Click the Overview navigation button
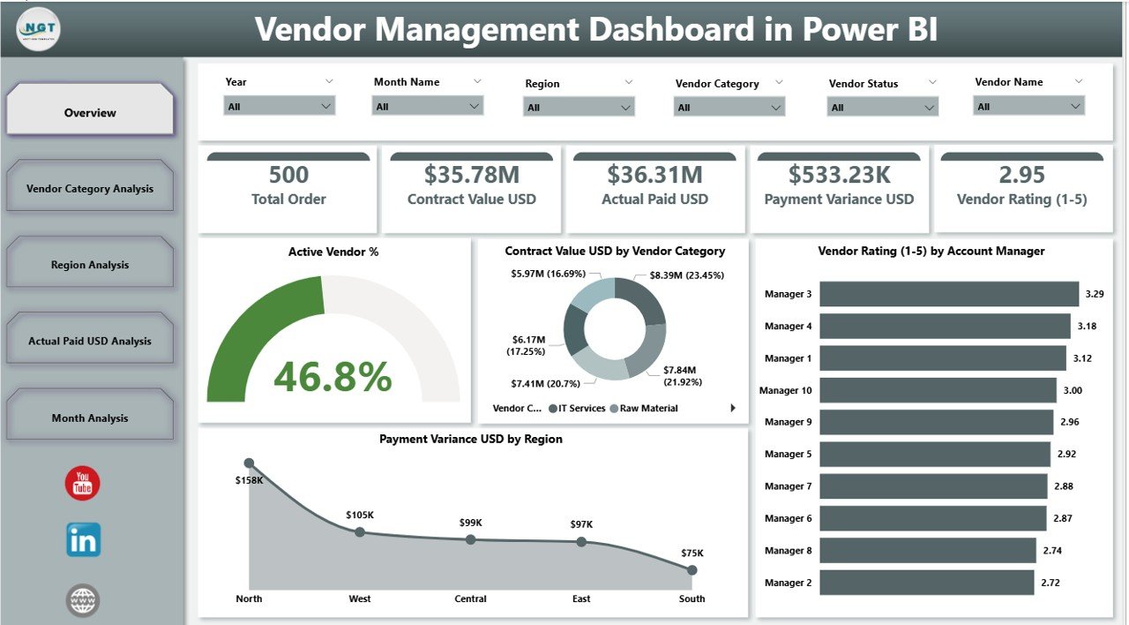point(90,112)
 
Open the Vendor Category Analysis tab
point(90,188)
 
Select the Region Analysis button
point(90,265)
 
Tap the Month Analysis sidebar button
point(90,418)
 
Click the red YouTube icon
point(83,483)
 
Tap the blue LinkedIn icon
point(83,539)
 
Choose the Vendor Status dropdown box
point(882,107)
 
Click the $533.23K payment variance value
point(839,175)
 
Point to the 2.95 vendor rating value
point(1021,175)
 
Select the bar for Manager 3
point(949,294)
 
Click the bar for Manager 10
point(938,390)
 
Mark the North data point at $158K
point(249,463)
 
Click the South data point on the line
point(692,570)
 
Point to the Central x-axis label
point(470,599)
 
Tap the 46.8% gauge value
point(333,377)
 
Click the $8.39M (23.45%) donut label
point(686,275)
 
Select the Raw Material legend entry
point(648,409)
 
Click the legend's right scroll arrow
point(733,408)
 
